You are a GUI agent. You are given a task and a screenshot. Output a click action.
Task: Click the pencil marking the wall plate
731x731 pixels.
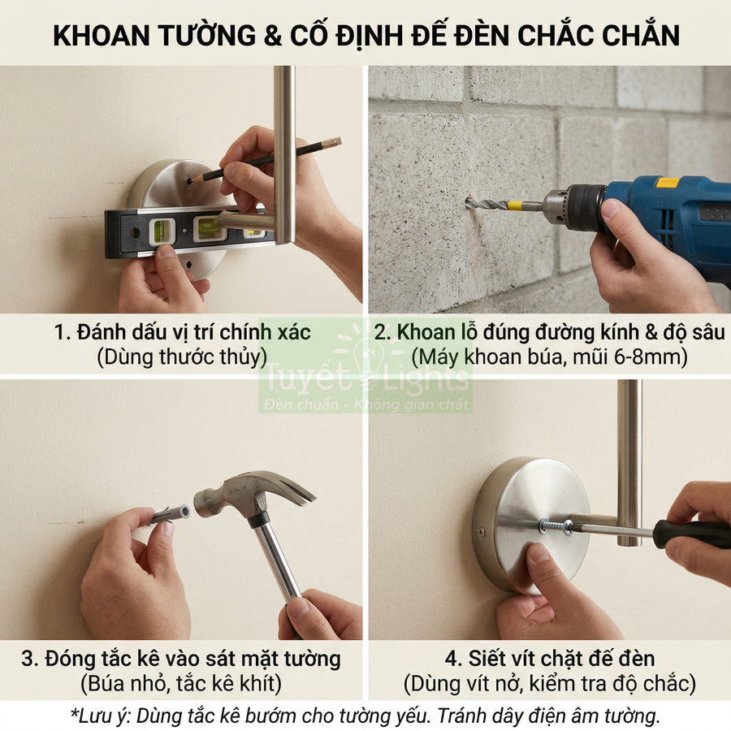[x=268, y=159]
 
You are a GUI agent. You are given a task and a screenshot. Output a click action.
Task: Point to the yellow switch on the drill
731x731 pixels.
[x=668, y=184]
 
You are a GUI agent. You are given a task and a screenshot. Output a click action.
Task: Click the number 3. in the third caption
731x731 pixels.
[x=31, y=658]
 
